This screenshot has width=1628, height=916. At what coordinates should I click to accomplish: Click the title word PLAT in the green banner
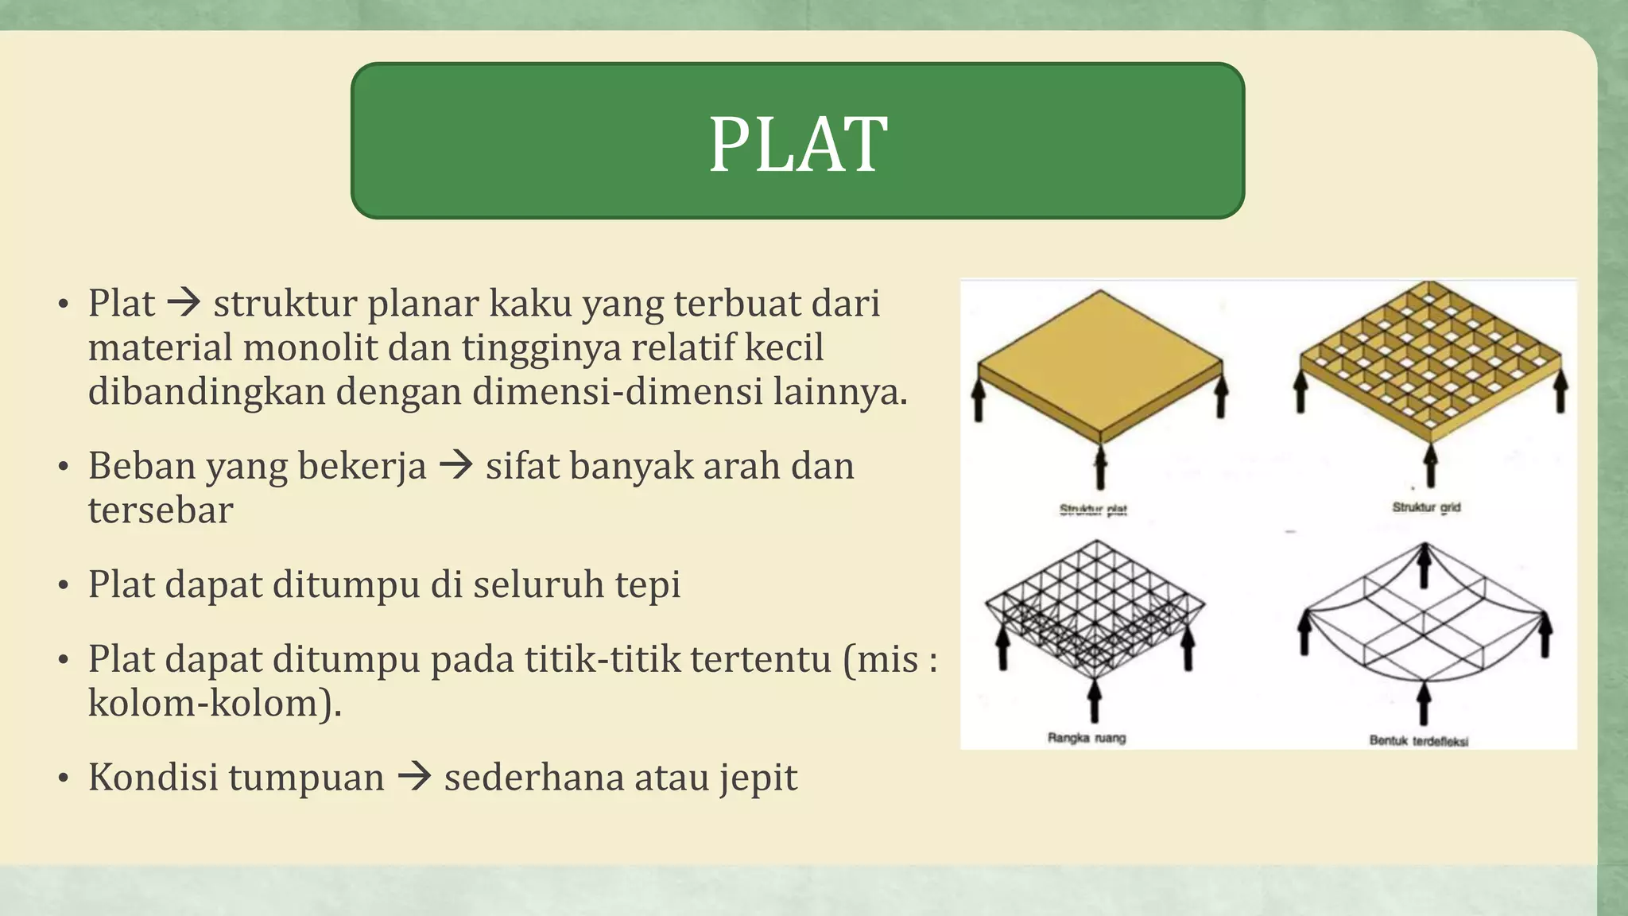[797, 144]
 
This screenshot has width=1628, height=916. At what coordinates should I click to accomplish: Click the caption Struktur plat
[1093, 509]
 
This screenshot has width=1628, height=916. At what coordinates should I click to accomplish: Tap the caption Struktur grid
[1426, 507]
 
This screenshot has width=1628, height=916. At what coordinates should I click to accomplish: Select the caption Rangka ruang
[1087, 738]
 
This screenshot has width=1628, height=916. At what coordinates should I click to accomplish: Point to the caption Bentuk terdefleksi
[1418, 740]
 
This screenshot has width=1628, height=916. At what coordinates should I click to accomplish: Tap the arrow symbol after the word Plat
[184, 303]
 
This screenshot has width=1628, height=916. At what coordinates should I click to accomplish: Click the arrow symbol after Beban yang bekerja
[456, 465]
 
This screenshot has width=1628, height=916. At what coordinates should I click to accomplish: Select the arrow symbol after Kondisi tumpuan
[414, 777]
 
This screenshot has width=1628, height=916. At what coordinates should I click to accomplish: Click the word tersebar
[161, 510]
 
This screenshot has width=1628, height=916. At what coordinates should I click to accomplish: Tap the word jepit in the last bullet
[758, 778]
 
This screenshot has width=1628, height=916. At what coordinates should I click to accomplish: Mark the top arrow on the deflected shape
[1424, 565]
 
